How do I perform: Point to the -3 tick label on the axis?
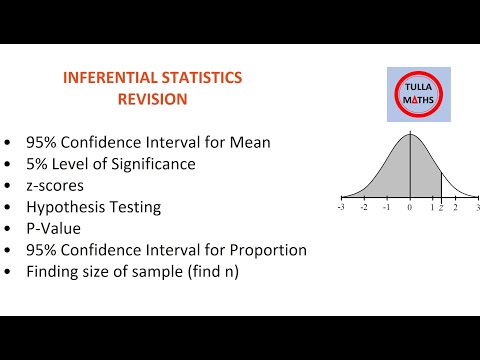pyautogui.click(x=341, y=207)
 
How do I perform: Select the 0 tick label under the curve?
pyautogui.click(x=409, y=207)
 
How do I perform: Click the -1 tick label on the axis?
pyautogui.click(x=387, y=207)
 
